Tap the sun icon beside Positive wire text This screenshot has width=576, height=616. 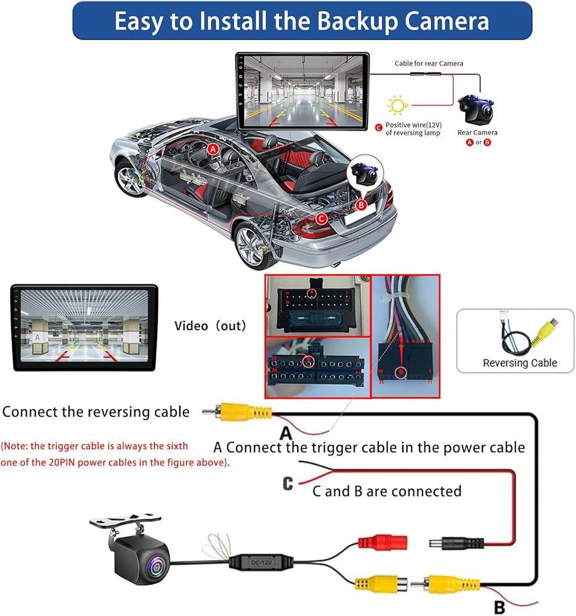click(x=398, y=105)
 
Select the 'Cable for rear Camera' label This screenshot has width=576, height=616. click(x=429, y=63)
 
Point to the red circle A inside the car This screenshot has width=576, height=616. click(x=213, y=148)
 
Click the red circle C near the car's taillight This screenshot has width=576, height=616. click(x=320, y=218)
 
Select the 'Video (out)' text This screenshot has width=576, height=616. click(x=210, y=325)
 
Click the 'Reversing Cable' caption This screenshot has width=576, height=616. click(x=519, y=363)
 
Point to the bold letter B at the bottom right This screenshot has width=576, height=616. click(x=500, y=607)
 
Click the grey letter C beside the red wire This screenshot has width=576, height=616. click(x=288, y=484)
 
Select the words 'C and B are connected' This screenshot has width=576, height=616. click(x=387, y=491)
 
